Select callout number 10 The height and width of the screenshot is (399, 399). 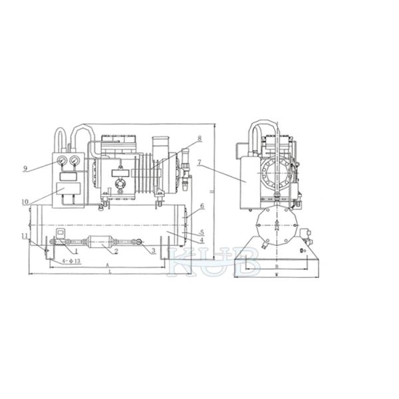point(25,201)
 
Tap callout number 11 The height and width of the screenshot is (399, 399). point(24,236)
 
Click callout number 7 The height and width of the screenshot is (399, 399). point(200,162)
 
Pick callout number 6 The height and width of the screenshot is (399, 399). point(202,207)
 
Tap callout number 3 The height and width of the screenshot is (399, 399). point(154,251)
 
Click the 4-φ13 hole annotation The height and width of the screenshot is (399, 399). point(71,261)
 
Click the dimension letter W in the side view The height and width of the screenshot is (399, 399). point(276,273)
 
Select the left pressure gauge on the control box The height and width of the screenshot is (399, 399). point(62,160)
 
